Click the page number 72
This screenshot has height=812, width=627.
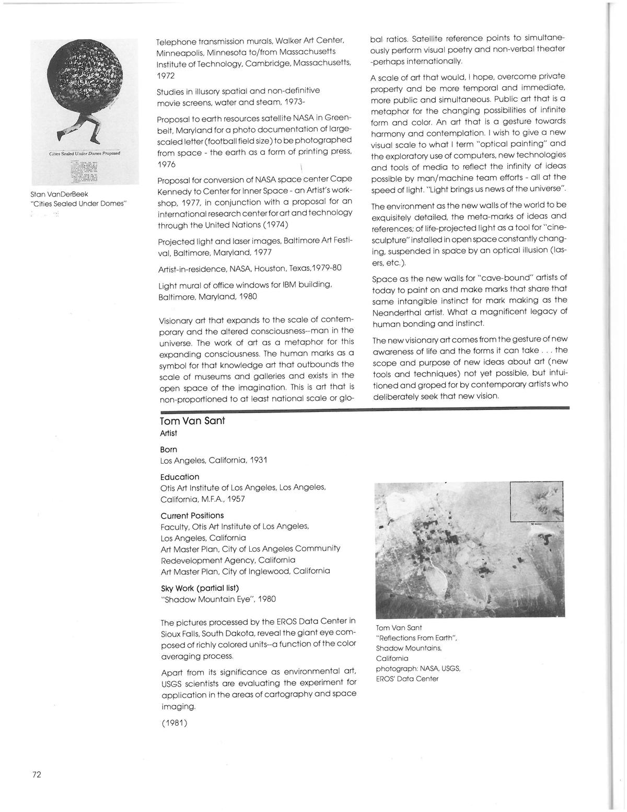click(x=37, y=775)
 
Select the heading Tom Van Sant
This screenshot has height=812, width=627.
click(x=192, y=421)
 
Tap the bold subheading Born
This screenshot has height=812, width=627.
click(x=169, y=450)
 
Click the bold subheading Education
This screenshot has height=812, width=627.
click(x=180, y=477)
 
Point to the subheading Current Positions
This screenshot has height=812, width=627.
click(x=192, y=516)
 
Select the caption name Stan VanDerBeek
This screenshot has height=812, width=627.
click(x=60, y=194)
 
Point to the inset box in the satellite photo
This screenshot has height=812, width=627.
click(x=537, y=500)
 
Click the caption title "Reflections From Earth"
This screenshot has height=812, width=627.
click(x=416, y=638)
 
